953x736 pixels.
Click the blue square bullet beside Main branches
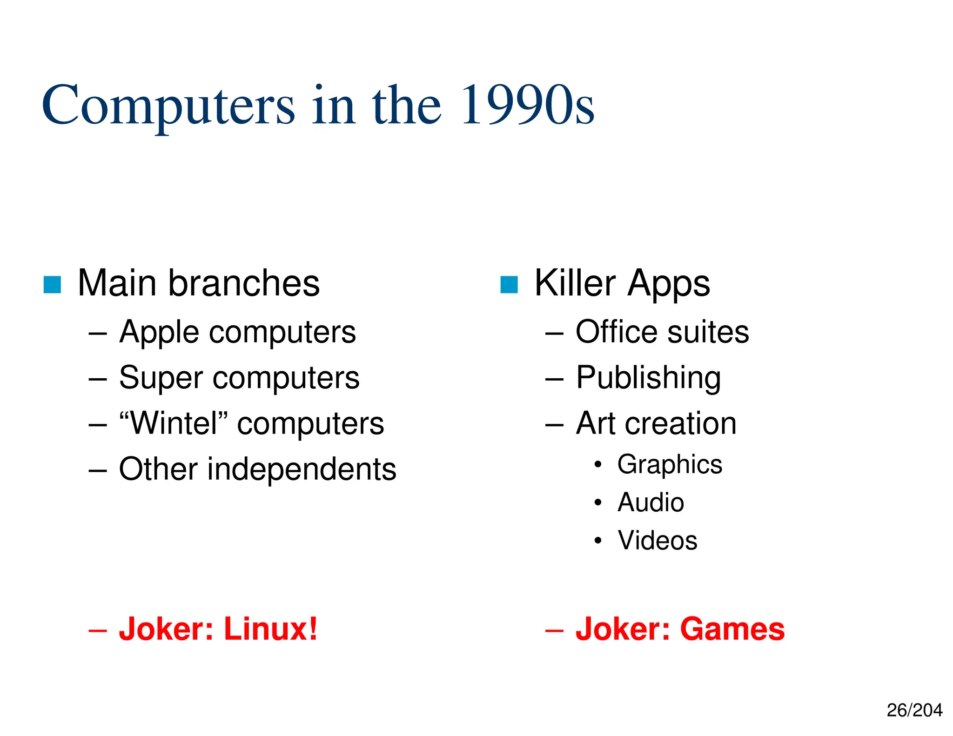point(52,284)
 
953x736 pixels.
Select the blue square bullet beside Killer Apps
point(509,284)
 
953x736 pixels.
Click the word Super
point(161,377)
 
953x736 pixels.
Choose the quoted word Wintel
point(174,423)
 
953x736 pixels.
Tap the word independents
point(302,469)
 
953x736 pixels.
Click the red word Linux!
point(271,629)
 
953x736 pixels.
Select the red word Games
point(732,629)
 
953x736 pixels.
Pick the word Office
point(617,332)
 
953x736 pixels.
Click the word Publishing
point(649,378)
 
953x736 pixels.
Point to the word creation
point(681,423)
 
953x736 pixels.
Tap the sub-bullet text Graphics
point(670,465)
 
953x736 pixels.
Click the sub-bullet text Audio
point(651,502)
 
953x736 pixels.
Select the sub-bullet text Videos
point(658,541)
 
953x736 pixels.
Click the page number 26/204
point(914,710)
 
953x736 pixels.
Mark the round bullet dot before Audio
point(598,502)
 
